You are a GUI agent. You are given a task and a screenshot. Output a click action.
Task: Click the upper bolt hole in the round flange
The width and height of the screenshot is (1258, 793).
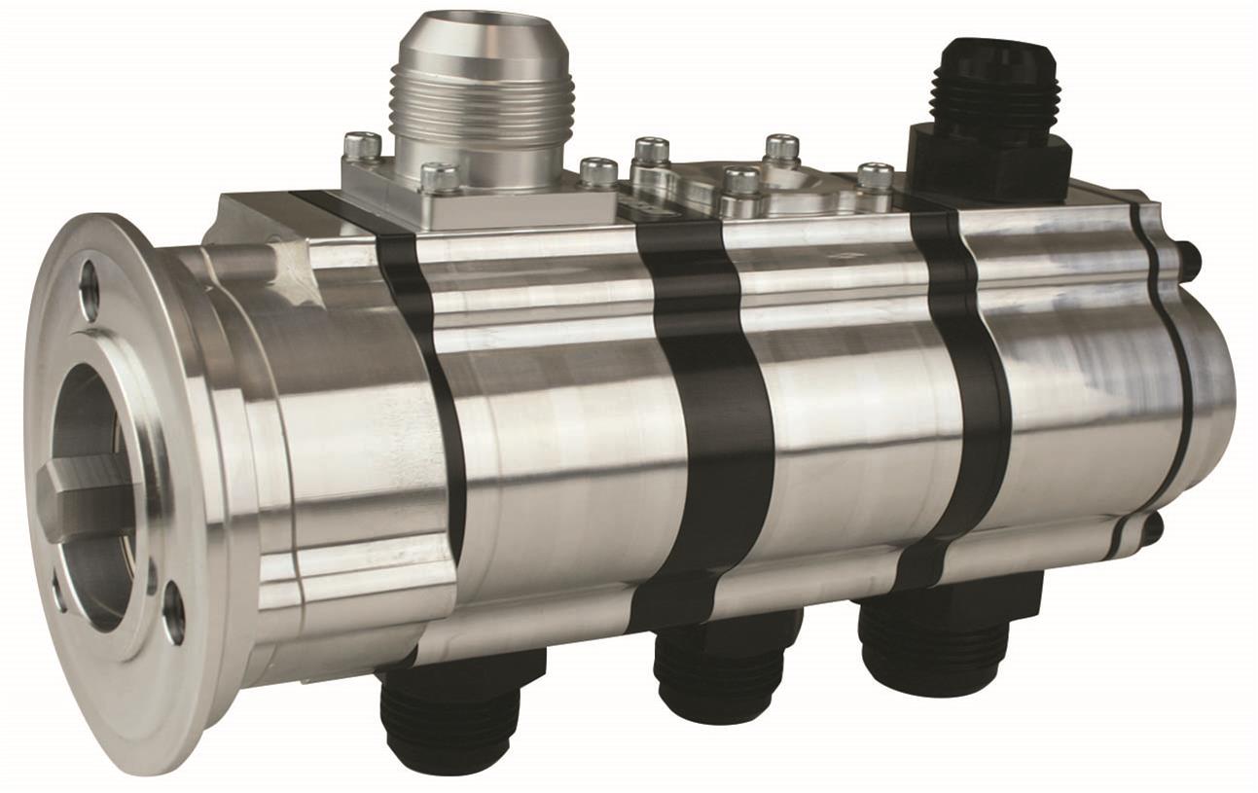[90, 289]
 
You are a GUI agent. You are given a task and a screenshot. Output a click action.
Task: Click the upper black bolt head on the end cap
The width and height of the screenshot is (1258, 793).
[1189, 261]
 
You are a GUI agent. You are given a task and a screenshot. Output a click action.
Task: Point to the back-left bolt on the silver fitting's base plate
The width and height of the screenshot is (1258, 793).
[361, 146]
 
